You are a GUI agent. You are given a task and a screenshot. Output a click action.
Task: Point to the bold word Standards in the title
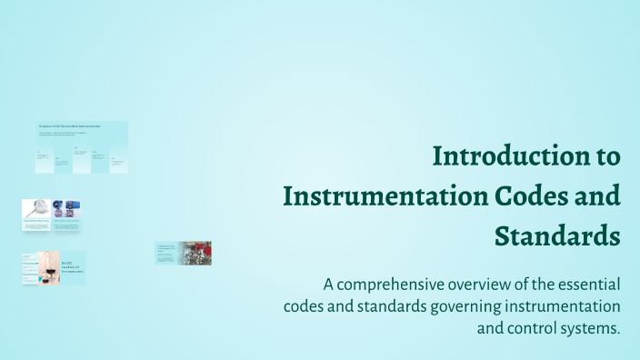coord(557,236)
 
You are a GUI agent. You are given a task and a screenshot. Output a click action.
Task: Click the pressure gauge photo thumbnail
coord(35,208)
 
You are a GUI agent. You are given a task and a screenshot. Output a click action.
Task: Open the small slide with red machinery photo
coord(195,252)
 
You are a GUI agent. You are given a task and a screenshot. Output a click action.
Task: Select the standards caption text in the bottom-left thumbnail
coord(73,268)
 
